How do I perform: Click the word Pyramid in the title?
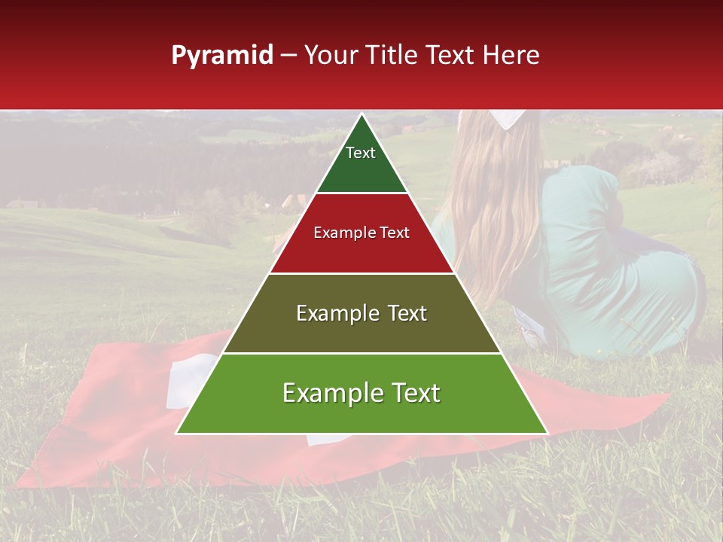tap(221, 56)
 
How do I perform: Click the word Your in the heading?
tap(330, 56)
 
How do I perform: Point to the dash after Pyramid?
tap(288, 56)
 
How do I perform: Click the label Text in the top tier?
tap(361, 153)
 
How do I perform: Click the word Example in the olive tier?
tap(331, 313)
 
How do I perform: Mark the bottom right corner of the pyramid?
tap(547, 433)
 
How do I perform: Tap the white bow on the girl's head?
tap(509, 117)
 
